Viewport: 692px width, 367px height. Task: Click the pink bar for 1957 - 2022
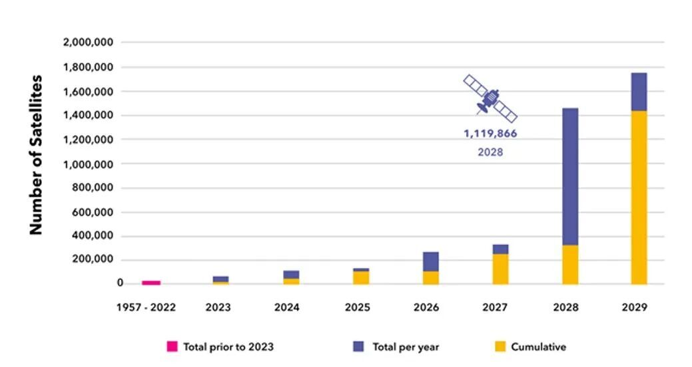pyautogui.click(x=151, y=283)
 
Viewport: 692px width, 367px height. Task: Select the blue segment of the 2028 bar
pyautogui.click(x=570, y=176)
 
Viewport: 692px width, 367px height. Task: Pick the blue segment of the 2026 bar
pyautogui.click(x=431, y=261)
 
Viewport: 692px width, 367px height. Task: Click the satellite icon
pyautogui.click(x=491, y=98)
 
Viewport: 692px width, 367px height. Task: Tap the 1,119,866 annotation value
pyautogui.click(x=490, y=134)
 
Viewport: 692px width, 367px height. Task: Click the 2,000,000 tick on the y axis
pyautogui.click(x=88, y=43)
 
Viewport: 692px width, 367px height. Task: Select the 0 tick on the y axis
pyautogui.click(x=120, y=284)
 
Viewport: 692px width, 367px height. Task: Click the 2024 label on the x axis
pyautogui.click(x=287, y=308)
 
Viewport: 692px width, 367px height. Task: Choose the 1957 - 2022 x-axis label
pyautogui.click(x=151, y=308)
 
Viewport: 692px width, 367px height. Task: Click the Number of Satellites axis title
pyautogui.click(x=36, y=154)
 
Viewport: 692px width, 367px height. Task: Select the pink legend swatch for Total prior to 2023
pyautogui.click(x=172, y=346)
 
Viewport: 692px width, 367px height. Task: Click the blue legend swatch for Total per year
pyautogui.click(x=358, y=346)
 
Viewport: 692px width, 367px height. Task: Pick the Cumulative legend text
pyautogui.click(x=538, y=346)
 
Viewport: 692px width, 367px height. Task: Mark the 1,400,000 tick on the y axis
pyautogui.click(x=88, y=116)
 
